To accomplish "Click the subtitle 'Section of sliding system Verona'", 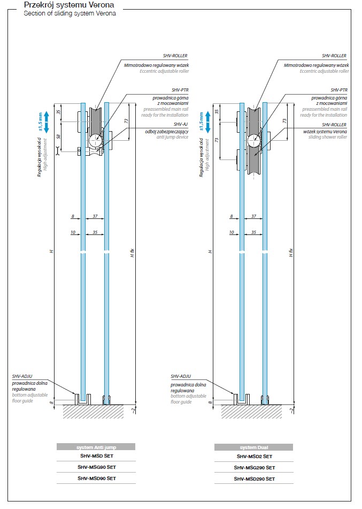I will coord(70,13).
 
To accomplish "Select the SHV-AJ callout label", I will coord(181,123).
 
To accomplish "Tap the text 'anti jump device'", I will coord(172,136).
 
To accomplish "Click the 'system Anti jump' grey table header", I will coord(96,446).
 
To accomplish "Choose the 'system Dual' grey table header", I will coord(253,446).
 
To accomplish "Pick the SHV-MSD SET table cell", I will coord(96,457).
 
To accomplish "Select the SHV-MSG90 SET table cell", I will coord(96,467).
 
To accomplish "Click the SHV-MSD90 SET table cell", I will coord(96,478).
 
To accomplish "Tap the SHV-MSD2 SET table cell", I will coord(254,457).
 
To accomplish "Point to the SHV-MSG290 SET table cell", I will coord(254,467).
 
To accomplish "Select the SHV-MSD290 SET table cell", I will coord(254,478).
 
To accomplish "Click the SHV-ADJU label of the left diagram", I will coord(20,377).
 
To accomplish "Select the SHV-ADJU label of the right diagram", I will coord(180,377).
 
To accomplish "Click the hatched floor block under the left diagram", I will coord(94,411).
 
